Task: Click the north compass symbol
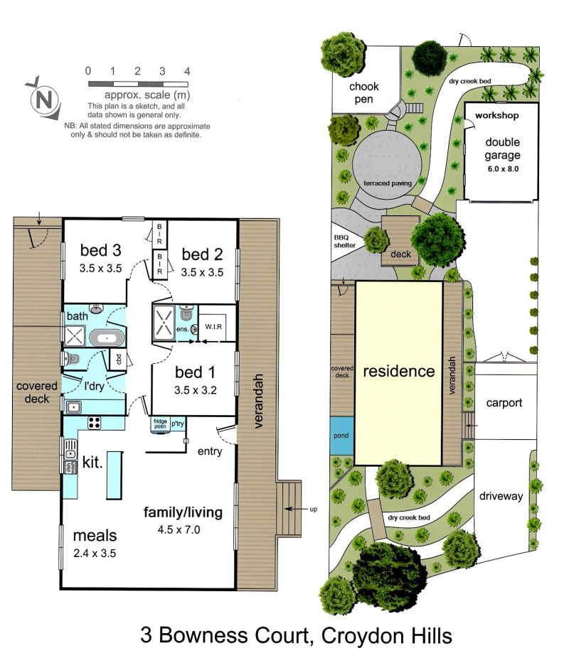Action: pyautogui.click(x=43, y=99)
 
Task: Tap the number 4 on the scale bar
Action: pyautogui.click(x=186, y=71)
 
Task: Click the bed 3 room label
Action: pyautogui.click(x=101, y=250)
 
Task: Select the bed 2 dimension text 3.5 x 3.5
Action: pyautogui.click(x=202, y=272)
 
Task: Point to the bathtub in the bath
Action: pyautogui.click(x=107, y=338)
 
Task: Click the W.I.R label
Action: pyautogui.click(x=213, y=326)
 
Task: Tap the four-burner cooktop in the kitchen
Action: pyautogui.click(x=95, y=422)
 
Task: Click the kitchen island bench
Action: pyautogui.click(x=115, y=475)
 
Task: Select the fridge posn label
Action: pyautogui.click(x=161, y=424)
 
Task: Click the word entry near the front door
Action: pyautogui.click(x=210, y=451)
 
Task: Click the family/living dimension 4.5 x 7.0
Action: pyautogui.click(x=179, y=529)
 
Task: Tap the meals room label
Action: pyautogui.click(x=95, y=535)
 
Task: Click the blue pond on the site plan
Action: pyautogui.click(x=341, y=436)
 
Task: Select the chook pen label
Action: pyautogui.click(x=363, y=92)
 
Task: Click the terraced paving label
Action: pyautogui.click(x=388, y=183)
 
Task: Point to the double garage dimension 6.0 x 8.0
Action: pyautogui.click(x=502, y=168)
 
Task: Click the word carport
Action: pyautogui.click(x=504, y=403)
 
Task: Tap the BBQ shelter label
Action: pyautogui.click(x=344, y=242)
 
